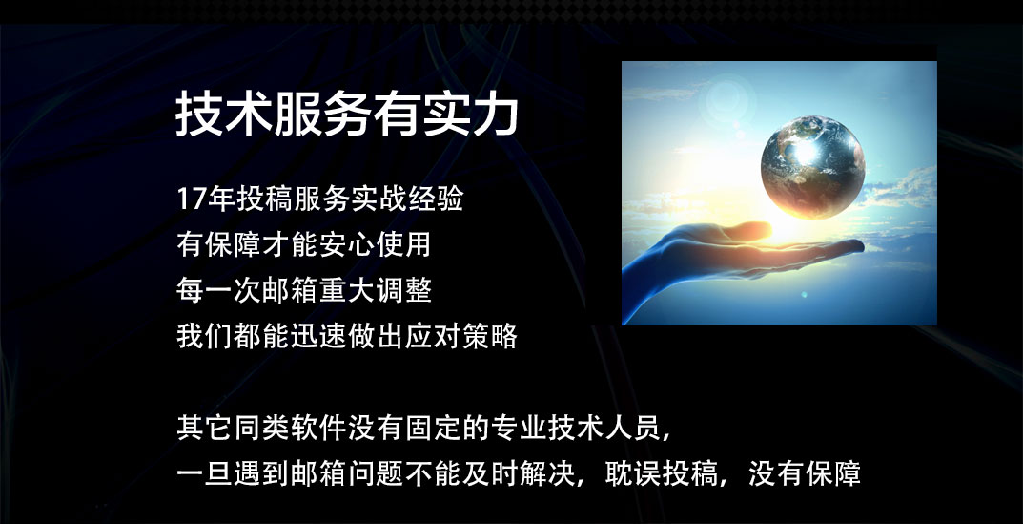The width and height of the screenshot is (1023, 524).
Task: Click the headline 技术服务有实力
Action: coord(346,115)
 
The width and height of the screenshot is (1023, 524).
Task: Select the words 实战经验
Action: coord(405,199)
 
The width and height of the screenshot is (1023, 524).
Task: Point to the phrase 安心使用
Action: coord(377,245)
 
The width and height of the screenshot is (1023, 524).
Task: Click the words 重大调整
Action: coord(377,290)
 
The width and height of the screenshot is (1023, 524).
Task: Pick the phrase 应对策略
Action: coord(462,336)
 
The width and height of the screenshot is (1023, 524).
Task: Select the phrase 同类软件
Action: coord(291,430)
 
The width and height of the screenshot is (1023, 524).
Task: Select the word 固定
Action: coord(433,430)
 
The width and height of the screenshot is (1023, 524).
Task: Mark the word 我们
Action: coord(205,336)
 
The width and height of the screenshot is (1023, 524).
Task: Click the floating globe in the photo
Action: coord(813,168)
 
